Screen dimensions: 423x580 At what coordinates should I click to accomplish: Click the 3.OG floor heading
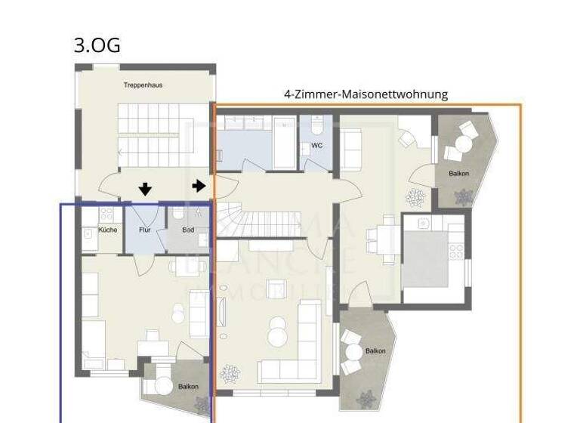click(97, 45)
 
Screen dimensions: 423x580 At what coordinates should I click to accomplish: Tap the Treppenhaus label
click(143, 85)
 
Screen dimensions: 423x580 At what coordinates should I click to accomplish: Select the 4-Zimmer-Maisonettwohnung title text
click(366, 94)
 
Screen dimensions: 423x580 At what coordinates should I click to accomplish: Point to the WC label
click(316, 146)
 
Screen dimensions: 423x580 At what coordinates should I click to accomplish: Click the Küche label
click(107, 230)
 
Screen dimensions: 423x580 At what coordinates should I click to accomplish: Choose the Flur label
click(144, 230)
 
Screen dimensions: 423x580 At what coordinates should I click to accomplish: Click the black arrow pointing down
click(145, 189)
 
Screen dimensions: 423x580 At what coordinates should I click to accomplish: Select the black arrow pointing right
click(199, 186)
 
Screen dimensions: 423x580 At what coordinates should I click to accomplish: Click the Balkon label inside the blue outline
click(188, 387)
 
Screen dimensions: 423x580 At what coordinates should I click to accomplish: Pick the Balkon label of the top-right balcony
click(458, 174)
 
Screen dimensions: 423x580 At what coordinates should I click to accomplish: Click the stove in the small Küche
click(106, 215)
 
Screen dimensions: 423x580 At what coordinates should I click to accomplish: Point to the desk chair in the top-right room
click(408, 139)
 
